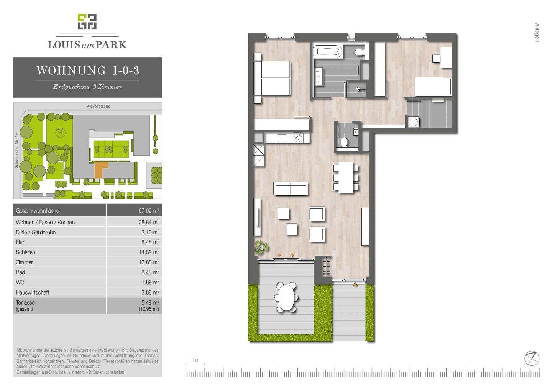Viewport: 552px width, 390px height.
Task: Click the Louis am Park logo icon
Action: (x=87, y=22)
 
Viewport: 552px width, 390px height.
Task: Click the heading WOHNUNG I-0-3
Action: (x=87, y=70)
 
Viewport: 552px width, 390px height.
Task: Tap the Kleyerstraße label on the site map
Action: (x=98, y=106)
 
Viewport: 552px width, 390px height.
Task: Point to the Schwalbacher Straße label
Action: (x=16, y=151)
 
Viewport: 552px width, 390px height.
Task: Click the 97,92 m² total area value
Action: (x=149, y=211)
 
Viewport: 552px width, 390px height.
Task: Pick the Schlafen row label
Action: (x=25, y=252)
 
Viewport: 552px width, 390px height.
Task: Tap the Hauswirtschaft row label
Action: (x=33, y=292)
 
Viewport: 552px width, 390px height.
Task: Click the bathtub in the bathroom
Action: (x=328, y=51)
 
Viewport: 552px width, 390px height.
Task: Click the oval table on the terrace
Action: (x=286, y=297)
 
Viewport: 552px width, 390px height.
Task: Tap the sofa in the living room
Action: (x=291, y=188)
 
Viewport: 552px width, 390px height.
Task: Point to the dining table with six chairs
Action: (x=346, y=177)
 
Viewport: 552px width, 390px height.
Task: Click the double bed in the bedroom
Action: (x=272, y=79)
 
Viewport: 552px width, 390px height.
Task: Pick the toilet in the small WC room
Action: (x=344, y=142)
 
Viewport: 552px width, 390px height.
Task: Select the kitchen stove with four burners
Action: (x=298, y=137)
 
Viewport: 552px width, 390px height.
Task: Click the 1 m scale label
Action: (x=195, y=360)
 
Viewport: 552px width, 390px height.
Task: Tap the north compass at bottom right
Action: (x=532, y=358)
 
